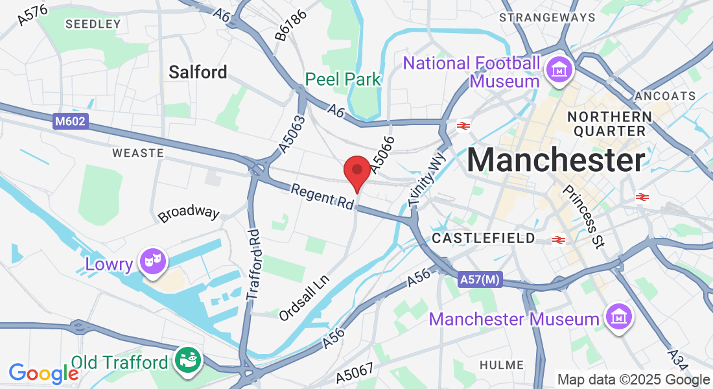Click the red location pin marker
(x=356, y=172)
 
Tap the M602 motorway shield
(x=70, y=120)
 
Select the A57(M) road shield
(x=480, y=279)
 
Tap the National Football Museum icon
(x=557, y=68)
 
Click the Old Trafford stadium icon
(x=189, y=360)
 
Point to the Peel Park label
(x=343, y=79)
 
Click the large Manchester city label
(x=555, y=160)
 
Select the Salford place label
(x=198, y=72)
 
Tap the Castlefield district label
(x=484, y=238)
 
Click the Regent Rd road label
(x=322, y=196)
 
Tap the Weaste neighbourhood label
(x=137, y=153)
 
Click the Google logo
(x=43, y=373)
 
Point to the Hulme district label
(x=502, y=366)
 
